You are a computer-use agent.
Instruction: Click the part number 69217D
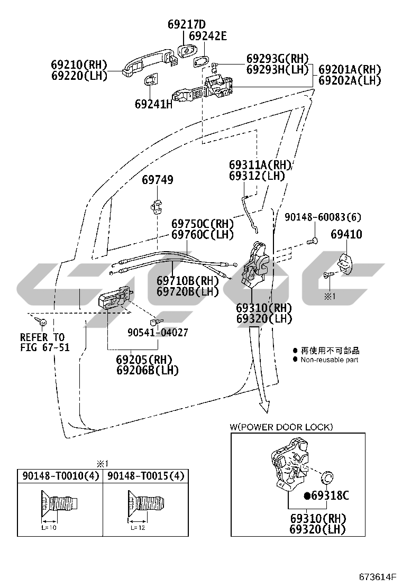(186, 24)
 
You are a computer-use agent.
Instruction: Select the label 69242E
(207, 36)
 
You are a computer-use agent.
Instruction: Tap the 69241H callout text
(153, 104)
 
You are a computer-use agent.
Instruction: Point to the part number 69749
(157, 180)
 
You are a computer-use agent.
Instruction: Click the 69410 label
(346, 234)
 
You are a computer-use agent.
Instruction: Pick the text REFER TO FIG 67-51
(44, 342)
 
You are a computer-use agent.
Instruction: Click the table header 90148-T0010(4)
(61, 476)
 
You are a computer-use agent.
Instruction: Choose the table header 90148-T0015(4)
(146, 476)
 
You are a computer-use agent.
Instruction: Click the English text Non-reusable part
(329, 360)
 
